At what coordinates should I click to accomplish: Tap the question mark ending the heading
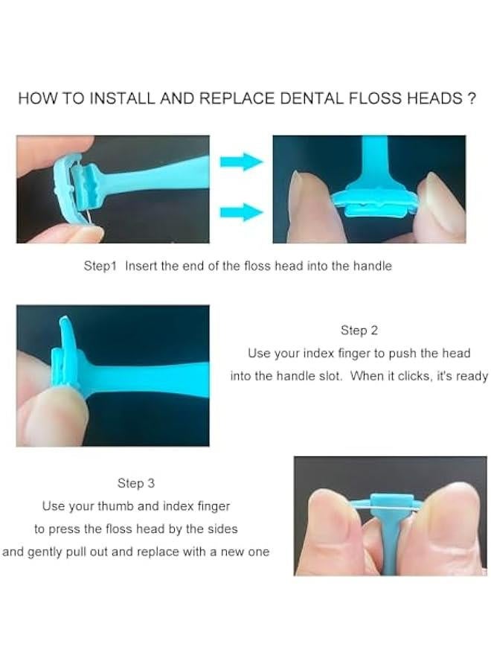click(471, 99)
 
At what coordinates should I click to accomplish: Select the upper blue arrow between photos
click(241, 162)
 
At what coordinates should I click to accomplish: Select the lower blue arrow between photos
click(241, 213)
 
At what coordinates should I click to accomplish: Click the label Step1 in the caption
click(100, 266)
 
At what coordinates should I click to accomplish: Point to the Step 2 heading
click(359, 331)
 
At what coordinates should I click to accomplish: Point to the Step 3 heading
click(135, 483)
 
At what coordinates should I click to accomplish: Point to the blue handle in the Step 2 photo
click(149, 370)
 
